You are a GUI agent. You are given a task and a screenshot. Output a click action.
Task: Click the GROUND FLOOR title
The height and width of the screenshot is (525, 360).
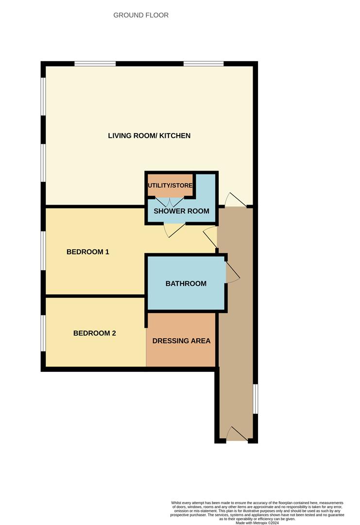[x=141, y=15]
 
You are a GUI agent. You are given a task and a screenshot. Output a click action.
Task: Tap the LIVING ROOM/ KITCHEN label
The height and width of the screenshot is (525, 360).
[x=149, y=136]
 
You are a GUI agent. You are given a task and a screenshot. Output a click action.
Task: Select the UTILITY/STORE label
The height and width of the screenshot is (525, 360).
[x=170, y=186]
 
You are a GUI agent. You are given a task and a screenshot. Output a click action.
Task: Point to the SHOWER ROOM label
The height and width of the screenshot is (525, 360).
[x=181, y=211]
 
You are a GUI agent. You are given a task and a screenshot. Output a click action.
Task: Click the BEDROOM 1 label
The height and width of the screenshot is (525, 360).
[x=88, y=252]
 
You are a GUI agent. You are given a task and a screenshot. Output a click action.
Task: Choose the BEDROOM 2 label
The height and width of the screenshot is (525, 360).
[x=95, y=333]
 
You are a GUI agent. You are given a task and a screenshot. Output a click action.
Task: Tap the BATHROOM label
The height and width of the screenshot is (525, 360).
[x=186, y=283]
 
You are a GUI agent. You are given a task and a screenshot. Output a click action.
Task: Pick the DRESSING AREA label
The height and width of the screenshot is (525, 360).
[x=181, y=341]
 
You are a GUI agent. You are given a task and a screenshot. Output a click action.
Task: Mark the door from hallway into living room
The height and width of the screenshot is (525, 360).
[x=236, y=200]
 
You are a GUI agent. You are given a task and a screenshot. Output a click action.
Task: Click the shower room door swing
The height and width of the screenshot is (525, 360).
[x=174, y=230]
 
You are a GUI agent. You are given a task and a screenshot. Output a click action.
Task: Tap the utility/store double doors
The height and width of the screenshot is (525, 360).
[x=170, y=201]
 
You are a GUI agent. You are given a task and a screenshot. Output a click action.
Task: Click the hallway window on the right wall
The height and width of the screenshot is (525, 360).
[x=256, y=399]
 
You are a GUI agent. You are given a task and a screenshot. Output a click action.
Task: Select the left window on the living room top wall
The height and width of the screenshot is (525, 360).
[x=95, y=63]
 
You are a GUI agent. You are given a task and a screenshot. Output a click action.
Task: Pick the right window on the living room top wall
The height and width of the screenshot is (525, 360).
[x=204, y=63]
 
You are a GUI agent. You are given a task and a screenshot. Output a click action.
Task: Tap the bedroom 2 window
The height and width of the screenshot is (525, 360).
[x=43, y=333]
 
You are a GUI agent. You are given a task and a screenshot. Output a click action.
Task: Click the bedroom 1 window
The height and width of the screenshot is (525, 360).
[x=43, y=250]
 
